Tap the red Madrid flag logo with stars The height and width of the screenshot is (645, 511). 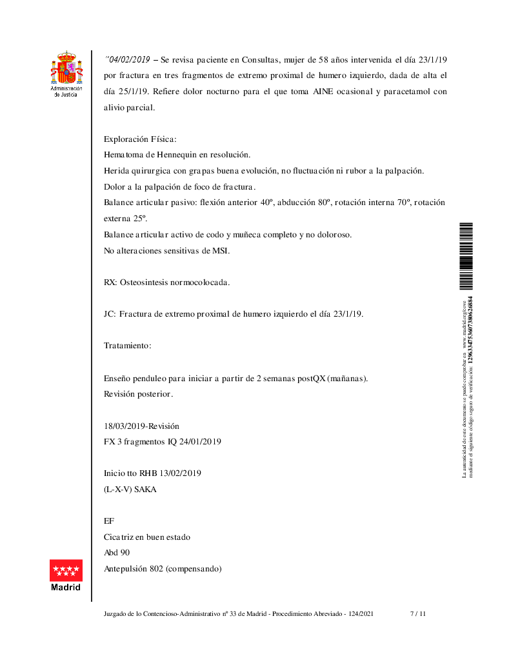click(x=66, y=570)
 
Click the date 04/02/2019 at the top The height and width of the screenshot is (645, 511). click(x=129, y=59)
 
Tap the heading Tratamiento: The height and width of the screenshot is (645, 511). click(x=127, y=346)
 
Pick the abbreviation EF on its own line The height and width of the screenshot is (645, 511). click(x=108, y=521)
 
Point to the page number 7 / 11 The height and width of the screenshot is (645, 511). click(x=418, y=614)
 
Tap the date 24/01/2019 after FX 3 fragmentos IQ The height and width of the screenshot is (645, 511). click(x=200, y=442)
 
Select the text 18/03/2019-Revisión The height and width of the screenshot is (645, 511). click(x=141, y=426)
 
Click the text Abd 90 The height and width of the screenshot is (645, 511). click(x=117, y=553)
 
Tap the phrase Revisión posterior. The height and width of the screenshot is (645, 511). click(x=138, y=393)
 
